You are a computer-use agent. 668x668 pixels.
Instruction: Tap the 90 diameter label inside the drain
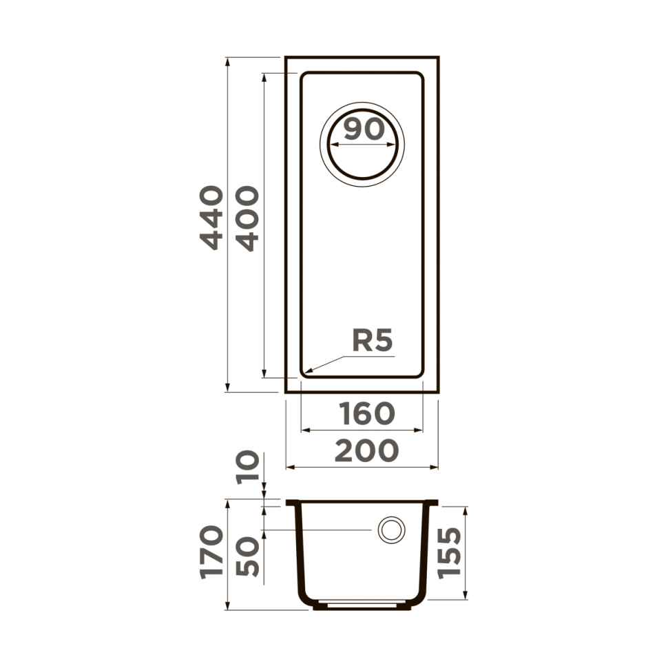[363, 129]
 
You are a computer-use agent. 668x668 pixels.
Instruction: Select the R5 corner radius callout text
[372, 340]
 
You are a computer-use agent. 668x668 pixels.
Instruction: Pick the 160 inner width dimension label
[367, 413]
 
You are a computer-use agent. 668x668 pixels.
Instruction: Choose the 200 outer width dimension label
[366, 450]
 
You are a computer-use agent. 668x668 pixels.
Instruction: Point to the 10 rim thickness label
[247, 467]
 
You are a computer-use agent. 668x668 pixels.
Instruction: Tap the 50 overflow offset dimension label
[247, 556]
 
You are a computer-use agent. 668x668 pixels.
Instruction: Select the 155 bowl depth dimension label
[449, 553]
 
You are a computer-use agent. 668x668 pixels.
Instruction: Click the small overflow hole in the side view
[390, 530]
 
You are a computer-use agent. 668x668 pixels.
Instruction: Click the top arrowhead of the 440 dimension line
[227, 60]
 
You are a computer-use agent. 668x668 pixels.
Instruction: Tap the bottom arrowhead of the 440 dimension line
[227, 390]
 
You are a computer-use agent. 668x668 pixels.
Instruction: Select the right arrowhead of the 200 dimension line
[436, 467]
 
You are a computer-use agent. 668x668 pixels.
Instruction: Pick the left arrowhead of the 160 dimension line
[304, 430]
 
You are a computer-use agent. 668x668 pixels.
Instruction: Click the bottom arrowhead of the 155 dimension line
[466, 597]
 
